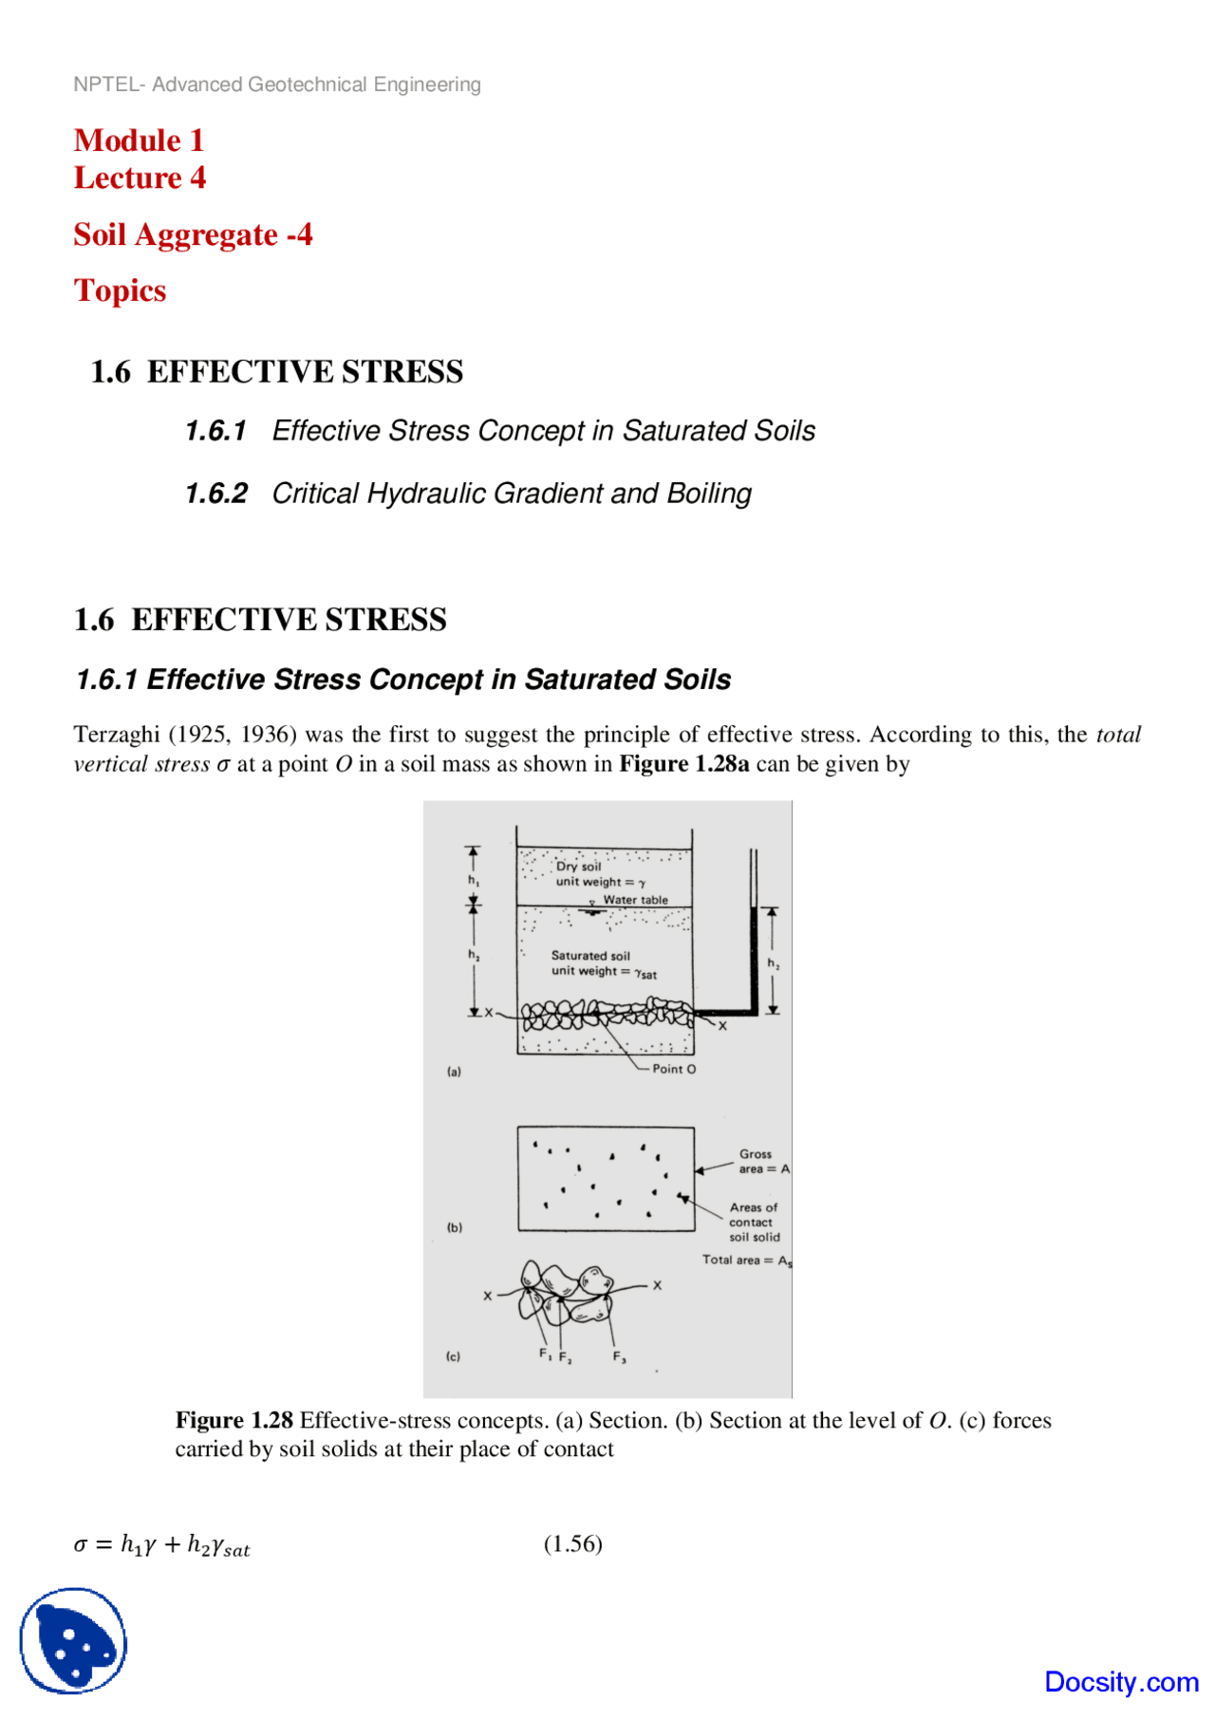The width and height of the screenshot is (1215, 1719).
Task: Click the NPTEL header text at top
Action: pyautogui.click(x=276, y=84)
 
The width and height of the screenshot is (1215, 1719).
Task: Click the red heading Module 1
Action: pyautogui.click(x=139, y=140)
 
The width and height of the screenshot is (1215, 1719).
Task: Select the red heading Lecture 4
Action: pyautogui.click(x=140, y=178)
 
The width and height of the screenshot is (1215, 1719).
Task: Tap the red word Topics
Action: pyautogui.click(x=120, y=290)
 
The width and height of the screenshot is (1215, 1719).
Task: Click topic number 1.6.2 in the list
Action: pyautogui.click(x=215, y=494)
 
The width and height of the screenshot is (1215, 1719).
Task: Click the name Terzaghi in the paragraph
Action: pyautogui.click(x=116, y=735)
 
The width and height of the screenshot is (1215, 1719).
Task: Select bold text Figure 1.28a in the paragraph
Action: pyautogui.click(x=683, y=764)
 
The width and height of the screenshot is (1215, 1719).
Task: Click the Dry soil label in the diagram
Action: pyautogui.click(x=578, y=866)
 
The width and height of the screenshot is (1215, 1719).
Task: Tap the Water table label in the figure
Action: pyautogui.click(x=635, y=900)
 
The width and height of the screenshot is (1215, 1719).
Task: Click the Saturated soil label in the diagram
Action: pyautogui.click(x=590, y=956)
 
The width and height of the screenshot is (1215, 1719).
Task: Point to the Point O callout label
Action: pyautogui.click(x=673, y=1069)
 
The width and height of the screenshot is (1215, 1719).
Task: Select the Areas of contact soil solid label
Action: pyautogui.click(x=754, y=1222)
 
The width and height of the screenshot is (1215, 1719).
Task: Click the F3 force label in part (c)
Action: pyautogui.click(x=619, y=1357)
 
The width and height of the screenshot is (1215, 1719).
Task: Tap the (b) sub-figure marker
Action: pyautogui.click(x=455, y=1227)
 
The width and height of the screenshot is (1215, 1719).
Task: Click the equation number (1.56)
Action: pyautogui.click(x=572, y=1543)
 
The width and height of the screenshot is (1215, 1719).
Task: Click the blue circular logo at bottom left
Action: pyautogui.click(x=73, y=1640)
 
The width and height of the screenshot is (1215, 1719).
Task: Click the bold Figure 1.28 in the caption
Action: pyautogui.click(x=234, y=1420)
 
